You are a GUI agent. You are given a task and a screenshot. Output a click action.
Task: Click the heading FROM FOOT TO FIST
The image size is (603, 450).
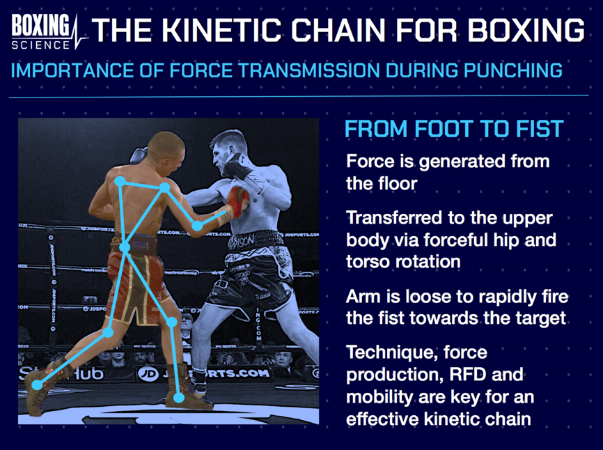(454, 130)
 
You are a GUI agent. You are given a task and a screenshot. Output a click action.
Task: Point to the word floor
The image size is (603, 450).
(395, 183)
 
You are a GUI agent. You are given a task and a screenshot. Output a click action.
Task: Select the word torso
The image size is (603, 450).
(369, 261)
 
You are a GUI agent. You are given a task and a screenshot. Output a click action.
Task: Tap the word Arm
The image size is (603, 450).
(363, 297)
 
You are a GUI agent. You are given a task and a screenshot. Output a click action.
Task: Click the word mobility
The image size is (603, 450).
(377, 398)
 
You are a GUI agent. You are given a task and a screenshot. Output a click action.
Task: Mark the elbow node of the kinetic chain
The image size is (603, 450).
(198, 226)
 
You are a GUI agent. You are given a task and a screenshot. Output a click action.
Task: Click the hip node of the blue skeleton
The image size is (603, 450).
(125, 247)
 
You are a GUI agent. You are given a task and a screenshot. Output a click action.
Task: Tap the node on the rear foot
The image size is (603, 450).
(37, 385)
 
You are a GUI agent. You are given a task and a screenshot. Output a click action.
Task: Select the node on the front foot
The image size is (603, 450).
(180, 398)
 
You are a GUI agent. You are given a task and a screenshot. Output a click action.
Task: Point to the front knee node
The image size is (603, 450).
(171, 322)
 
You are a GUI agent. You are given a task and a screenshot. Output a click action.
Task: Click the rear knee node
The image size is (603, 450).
(108, 333)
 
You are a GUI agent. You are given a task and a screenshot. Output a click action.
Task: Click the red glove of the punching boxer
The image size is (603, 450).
(237, 201)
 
